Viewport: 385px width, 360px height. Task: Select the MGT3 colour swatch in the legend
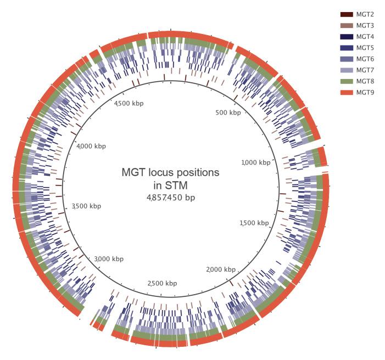click(346, 25)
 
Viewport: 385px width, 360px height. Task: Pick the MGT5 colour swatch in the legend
click(346, 48)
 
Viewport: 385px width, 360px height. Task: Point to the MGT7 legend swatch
click(346, 70)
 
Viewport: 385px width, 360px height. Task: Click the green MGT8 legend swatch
click(346, 81)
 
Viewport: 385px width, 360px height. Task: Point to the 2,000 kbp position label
click(221, 269)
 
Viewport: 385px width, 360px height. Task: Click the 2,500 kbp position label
click(163, 283)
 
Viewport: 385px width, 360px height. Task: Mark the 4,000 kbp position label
click(91, 146)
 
